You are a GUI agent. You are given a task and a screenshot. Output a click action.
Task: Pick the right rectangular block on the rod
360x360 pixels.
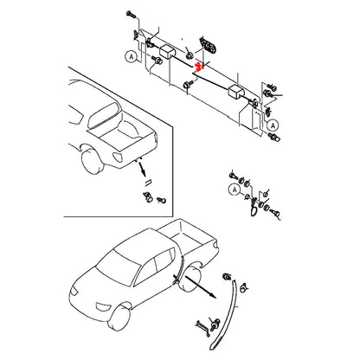(x=235, y=92)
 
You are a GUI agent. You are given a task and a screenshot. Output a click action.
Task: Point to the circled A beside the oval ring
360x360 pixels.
(x=234, y=188)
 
